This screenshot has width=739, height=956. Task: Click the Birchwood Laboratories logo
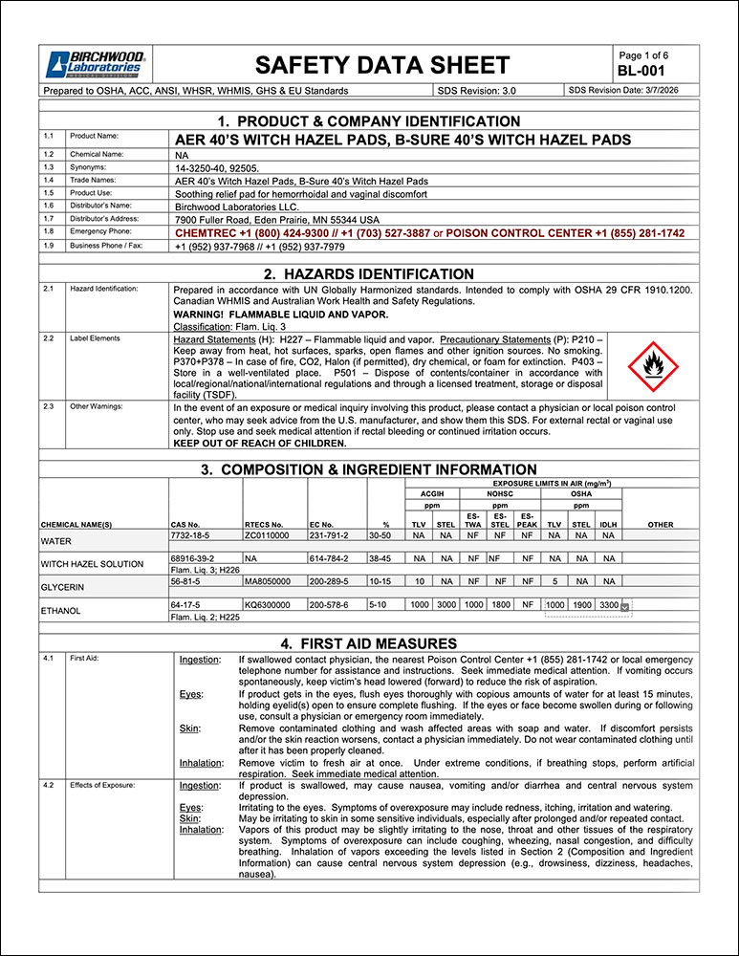pos(94,64)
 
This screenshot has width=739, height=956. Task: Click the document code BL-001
pos(640,71)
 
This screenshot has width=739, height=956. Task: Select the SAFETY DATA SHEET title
pos(382,65)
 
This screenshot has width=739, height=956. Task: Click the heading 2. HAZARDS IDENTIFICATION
pos(369,273)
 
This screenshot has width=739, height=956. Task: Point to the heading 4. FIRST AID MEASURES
pos(369,643)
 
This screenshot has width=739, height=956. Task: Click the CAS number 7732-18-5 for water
pos(189,537)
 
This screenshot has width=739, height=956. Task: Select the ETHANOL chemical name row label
pos(61,610)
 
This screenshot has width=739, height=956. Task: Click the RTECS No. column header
pos(264,525)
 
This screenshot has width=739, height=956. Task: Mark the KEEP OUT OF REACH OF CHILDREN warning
pos(260,444)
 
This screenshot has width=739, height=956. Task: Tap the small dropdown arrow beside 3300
pos(625,606)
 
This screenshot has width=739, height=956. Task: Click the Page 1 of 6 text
pos(644,55)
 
